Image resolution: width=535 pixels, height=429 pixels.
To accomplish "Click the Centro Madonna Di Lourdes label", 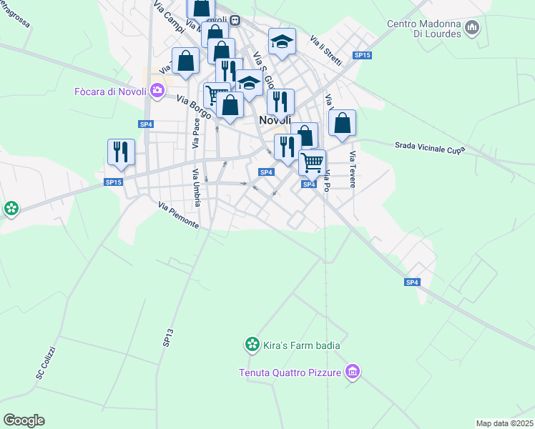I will pyautogui.click(x=421, y=28).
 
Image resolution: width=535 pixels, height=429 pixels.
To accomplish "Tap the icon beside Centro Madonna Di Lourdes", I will pyautogui.click(x=471, y=28).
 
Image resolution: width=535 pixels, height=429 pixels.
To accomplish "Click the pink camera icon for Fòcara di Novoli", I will pyautogui.click(x=157, y=91).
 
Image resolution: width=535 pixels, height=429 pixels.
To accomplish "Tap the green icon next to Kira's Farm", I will pyautogui.click(x=252, y=346).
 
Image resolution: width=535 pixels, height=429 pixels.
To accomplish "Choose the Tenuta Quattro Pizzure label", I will pyautogui.click(x=290, y=372).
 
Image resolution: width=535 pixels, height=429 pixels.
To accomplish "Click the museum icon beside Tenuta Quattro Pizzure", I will pyautogui.click(x=351, y=372).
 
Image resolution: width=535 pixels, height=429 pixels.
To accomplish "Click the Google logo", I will pyautogui.click(x=24, y=420).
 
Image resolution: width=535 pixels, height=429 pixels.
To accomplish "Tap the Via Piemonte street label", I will pyautogui.click(x=179, y=214).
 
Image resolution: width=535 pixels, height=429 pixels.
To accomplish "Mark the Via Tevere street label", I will pyautogui.click(x=353, y=169).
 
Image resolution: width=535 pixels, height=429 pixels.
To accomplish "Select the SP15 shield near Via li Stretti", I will pyautogui.click(x=363, y=56).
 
